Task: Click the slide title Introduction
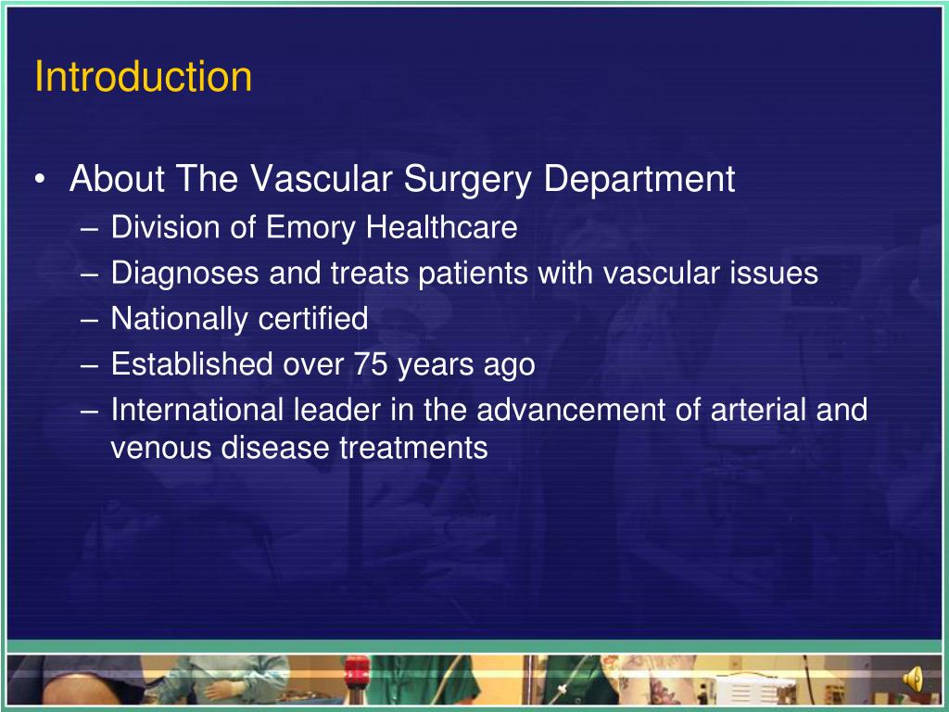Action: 143,77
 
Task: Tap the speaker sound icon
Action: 914,680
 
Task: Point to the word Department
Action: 639,179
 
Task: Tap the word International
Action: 197,410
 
